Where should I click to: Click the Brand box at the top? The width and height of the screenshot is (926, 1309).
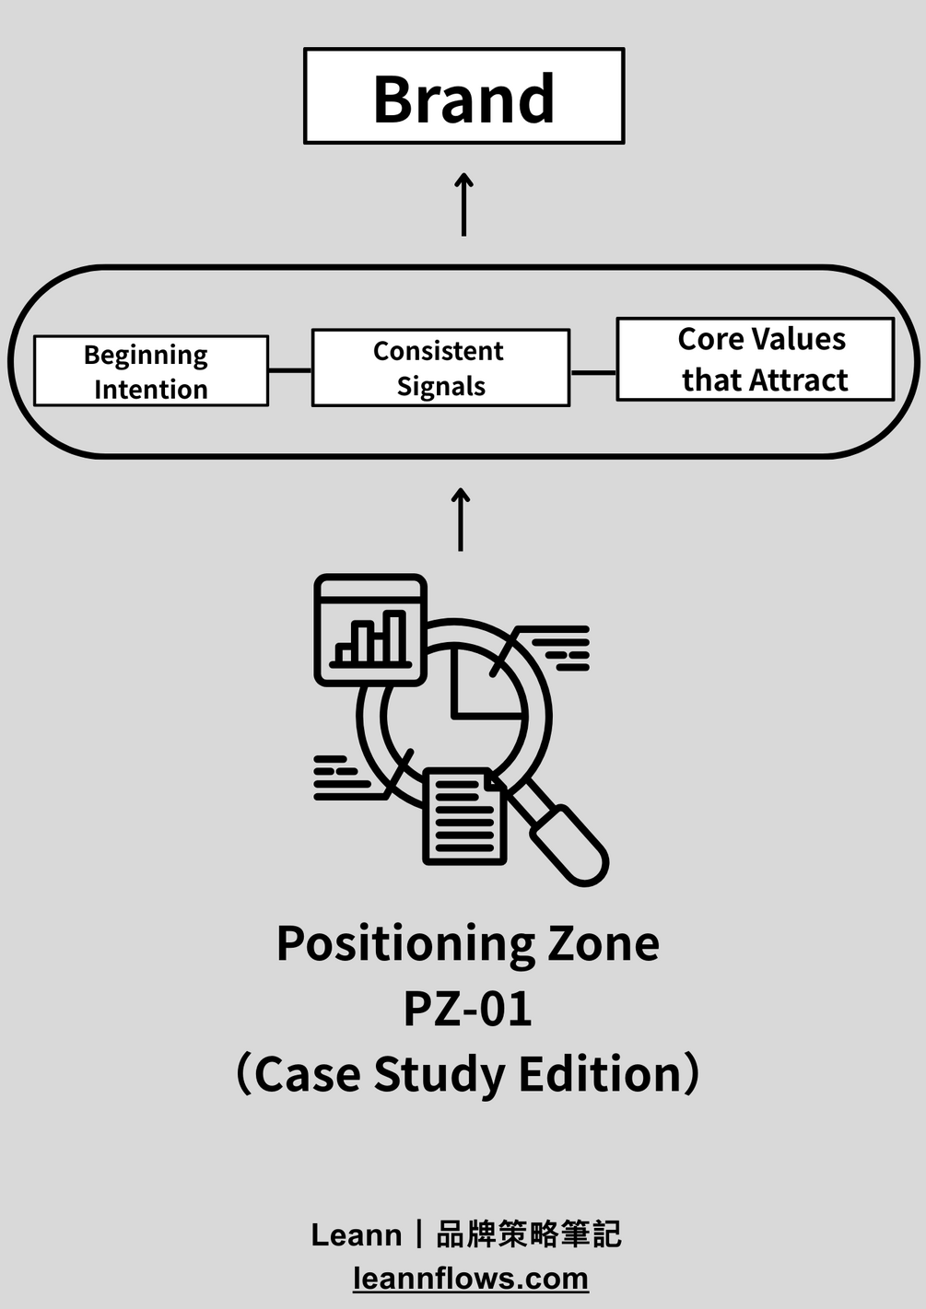click(463, 97)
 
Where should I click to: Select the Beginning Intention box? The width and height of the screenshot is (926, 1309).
click(151, 371)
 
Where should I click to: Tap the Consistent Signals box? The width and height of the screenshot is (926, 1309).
click(440, 368)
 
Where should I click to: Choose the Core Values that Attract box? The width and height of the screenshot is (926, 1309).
click(755, 359)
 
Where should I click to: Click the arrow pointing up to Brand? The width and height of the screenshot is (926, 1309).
click(464, 204)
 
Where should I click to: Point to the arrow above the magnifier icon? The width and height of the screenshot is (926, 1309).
click(461, 520)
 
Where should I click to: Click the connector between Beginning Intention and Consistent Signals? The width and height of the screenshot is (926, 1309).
click(290, 370)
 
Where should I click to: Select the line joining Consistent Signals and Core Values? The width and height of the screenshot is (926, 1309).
click(593, 373)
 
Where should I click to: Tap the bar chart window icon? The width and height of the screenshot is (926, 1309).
click(370, 631)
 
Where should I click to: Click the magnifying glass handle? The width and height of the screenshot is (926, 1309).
click(568, 843)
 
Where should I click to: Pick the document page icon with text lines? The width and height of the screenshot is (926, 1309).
click(463, 816)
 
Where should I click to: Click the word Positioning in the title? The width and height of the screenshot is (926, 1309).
click(404, 943)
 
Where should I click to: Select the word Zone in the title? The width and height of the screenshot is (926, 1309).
click(604, 943)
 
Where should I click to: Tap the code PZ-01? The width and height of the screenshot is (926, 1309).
click(468, 1009)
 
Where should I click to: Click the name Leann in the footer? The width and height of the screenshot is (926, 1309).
click(357, 1234)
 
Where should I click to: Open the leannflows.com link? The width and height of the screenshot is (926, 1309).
click(471, 1279)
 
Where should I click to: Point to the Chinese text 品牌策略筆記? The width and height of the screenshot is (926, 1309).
click(528, 1234)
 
